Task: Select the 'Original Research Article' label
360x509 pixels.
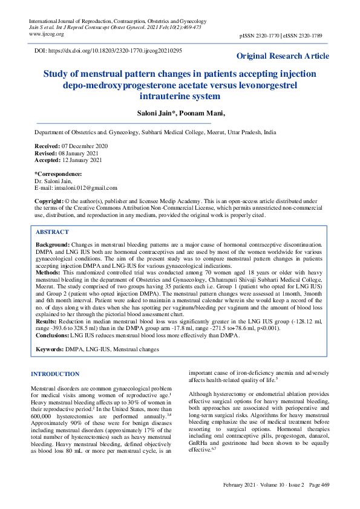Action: [283, 56]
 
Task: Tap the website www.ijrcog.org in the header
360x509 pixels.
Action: [47, 34]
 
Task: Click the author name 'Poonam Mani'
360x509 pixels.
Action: [205, 113]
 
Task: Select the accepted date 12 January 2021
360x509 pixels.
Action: [81, 160]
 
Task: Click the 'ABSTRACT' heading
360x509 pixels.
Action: [52, 232]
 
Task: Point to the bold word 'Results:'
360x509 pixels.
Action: [47, 320]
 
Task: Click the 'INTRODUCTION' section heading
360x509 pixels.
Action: [55, 374]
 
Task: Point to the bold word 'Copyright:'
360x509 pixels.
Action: [48, 201]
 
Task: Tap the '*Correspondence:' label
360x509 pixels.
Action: [59, 173]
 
